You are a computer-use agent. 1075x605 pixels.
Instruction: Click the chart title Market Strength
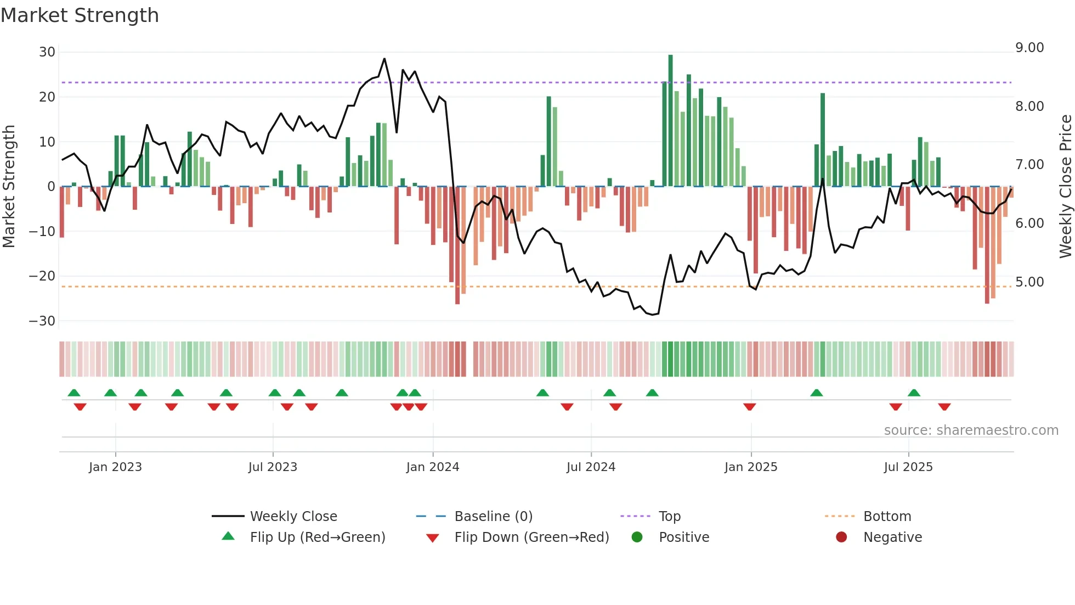click(x=80, y=15)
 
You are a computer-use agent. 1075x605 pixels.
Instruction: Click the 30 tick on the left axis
click(x=47, y=52)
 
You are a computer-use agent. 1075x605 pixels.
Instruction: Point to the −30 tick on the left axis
click(x=42, y=321)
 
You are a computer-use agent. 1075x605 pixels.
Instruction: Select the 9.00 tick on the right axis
click(x=1029, y=48)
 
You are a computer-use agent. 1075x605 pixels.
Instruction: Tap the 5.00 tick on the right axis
click(x=1029, y=282)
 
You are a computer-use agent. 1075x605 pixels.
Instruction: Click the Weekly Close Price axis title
click(x=1065, y=187)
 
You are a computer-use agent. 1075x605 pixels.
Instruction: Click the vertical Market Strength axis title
click(x=9, y=187)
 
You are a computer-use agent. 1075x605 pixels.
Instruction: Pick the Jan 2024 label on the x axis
click(x=433, y=467)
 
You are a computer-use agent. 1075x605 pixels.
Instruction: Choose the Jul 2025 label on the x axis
click(x=908, y=467)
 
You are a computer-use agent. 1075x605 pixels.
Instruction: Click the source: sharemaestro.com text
click(x=971, y=430)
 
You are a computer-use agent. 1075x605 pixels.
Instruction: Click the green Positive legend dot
click(x=637, y=537)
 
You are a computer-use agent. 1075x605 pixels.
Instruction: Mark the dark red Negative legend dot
click(x=841, y=537)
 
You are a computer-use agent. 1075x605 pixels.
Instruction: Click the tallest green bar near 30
click(x=670, y=121)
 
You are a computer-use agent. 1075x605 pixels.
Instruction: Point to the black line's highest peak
click(x=384, y=59)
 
